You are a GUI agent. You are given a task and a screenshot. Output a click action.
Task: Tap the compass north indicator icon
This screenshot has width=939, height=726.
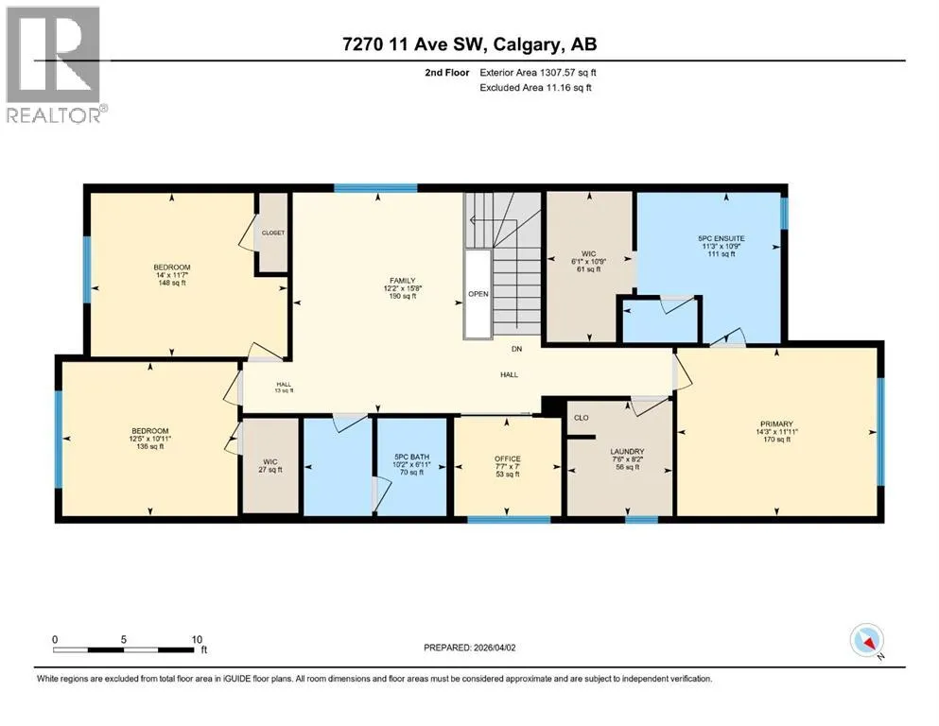coord(867,641)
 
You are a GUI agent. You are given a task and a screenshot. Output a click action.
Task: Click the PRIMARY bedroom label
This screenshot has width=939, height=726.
coord(776,423)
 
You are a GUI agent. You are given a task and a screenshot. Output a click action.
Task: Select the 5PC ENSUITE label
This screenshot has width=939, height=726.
coord(721,238)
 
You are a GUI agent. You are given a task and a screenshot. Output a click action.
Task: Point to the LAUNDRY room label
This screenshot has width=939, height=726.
coord(627,451)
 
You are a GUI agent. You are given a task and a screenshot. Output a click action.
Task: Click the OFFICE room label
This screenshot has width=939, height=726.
coord(507,458)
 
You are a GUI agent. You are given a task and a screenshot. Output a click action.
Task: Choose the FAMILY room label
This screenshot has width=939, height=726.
coord(403,280)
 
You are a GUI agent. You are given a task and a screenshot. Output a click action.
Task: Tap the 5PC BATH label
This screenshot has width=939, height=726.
coord(411,457)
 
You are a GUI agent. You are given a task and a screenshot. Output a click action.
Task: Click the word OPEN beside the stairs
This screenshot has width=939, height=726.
coord(478,294)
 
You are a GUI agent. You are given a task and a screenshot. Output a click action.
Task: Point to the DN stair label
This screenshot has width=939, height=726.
coord(516,348)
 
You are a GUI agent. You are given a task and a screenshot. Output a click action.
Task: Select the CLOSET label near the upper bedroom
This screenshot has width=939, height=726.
coord(273,233)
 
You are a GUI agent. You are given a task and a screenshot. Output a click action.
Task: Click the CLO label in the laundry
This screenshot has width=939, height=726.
coord(581,418)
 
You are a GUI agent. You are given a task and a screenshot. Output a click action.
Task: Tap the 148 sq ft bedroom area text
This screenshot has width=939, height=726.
coord(172,283)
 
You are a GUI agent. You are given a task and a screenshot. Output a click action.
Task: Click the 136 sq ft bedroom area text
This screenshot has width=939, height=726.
coord(149,446)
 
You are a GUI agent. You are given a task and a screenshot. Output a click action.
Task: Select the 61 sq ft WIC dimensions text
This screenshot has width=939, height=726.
coord(589,262)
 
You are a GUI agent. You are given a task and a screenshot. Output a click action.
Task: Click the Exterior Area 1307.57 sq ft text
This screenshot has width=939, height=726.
coord(538,73)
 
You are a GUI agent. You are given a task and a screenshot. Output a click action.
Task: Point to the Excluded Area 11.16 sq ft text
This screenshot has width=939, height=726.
coord(535,87)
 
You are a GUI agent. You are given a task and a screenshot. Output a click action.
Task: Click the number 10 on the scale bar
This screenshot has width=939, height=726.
coord(197,639)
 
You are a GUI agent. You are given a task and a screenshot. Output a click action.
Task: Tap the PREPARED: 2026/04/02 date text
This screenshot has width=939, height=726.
coord(469,648)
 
